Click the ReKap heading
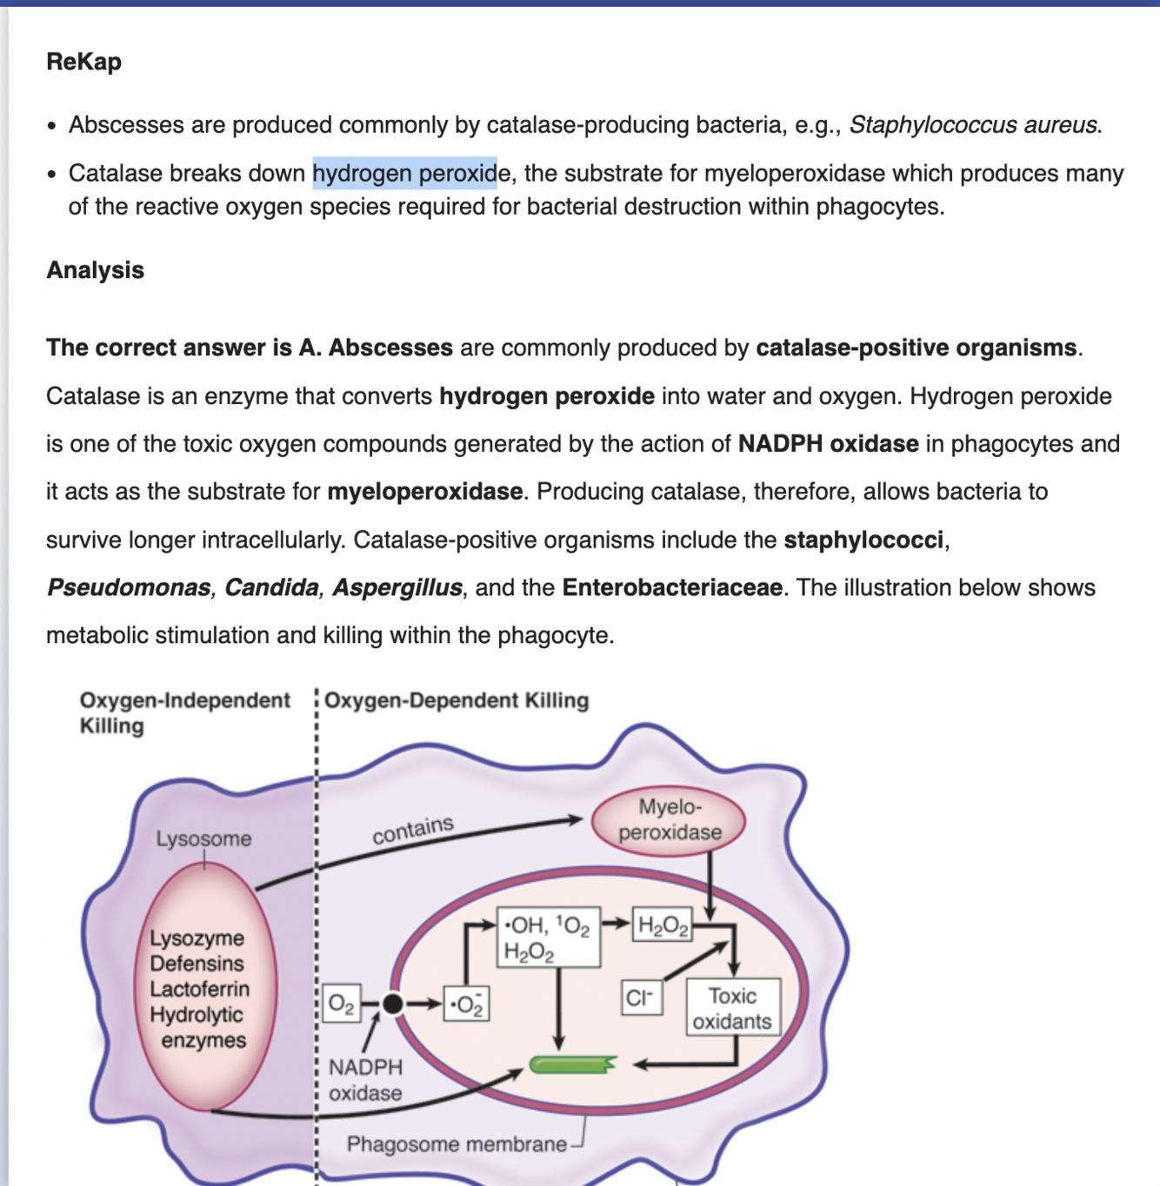pyautogui.click(x=83, y=62)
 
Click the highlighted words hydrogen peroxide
pyautogui.click(x=404, y=173)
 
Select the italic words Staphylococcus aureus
pyautogui.click(x=975, y=125)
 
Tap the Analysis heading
pyautogui.click(x=95, y=270)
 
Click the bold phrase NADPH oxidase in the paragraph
pyautogui.click(x=828, y=444)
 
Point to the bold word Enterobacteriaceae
pyautogui.click(x=672, y=587)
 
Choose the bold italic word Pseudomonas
pyautogui.click(x=129, y=587)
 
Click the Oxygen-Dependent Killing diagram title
pyautogui.click(x=457, y=700)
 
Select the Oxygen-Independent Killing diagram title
pyautogui.click(x=183, y=712)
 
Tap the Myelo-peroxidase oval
pyautogui.click(x=669, y=819)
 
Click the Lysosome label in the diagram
pyautogui.click(x=203, y=838)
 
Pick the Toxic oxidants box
pyautogui.click(x=732, y=1008)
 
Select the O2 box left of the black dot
pyautogui.click(x=341, y=1004)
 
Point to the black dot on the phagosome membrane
pyautogui.click(x=393, y=1004)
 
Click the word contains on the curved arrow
pyautogui.click(x=412, y=830)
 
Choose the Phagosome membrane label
pyautogui.click(x=456, y=1144)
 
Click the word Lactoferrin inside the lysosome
pyautogui.click(x=199, y=989)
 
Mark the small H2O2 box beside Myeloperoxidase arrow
pyautogui.click(x=663, y=924)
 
